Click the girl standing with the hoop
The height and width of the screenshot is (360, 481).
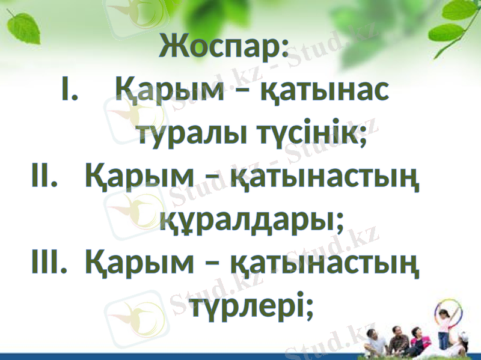[x=443, y=328]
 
